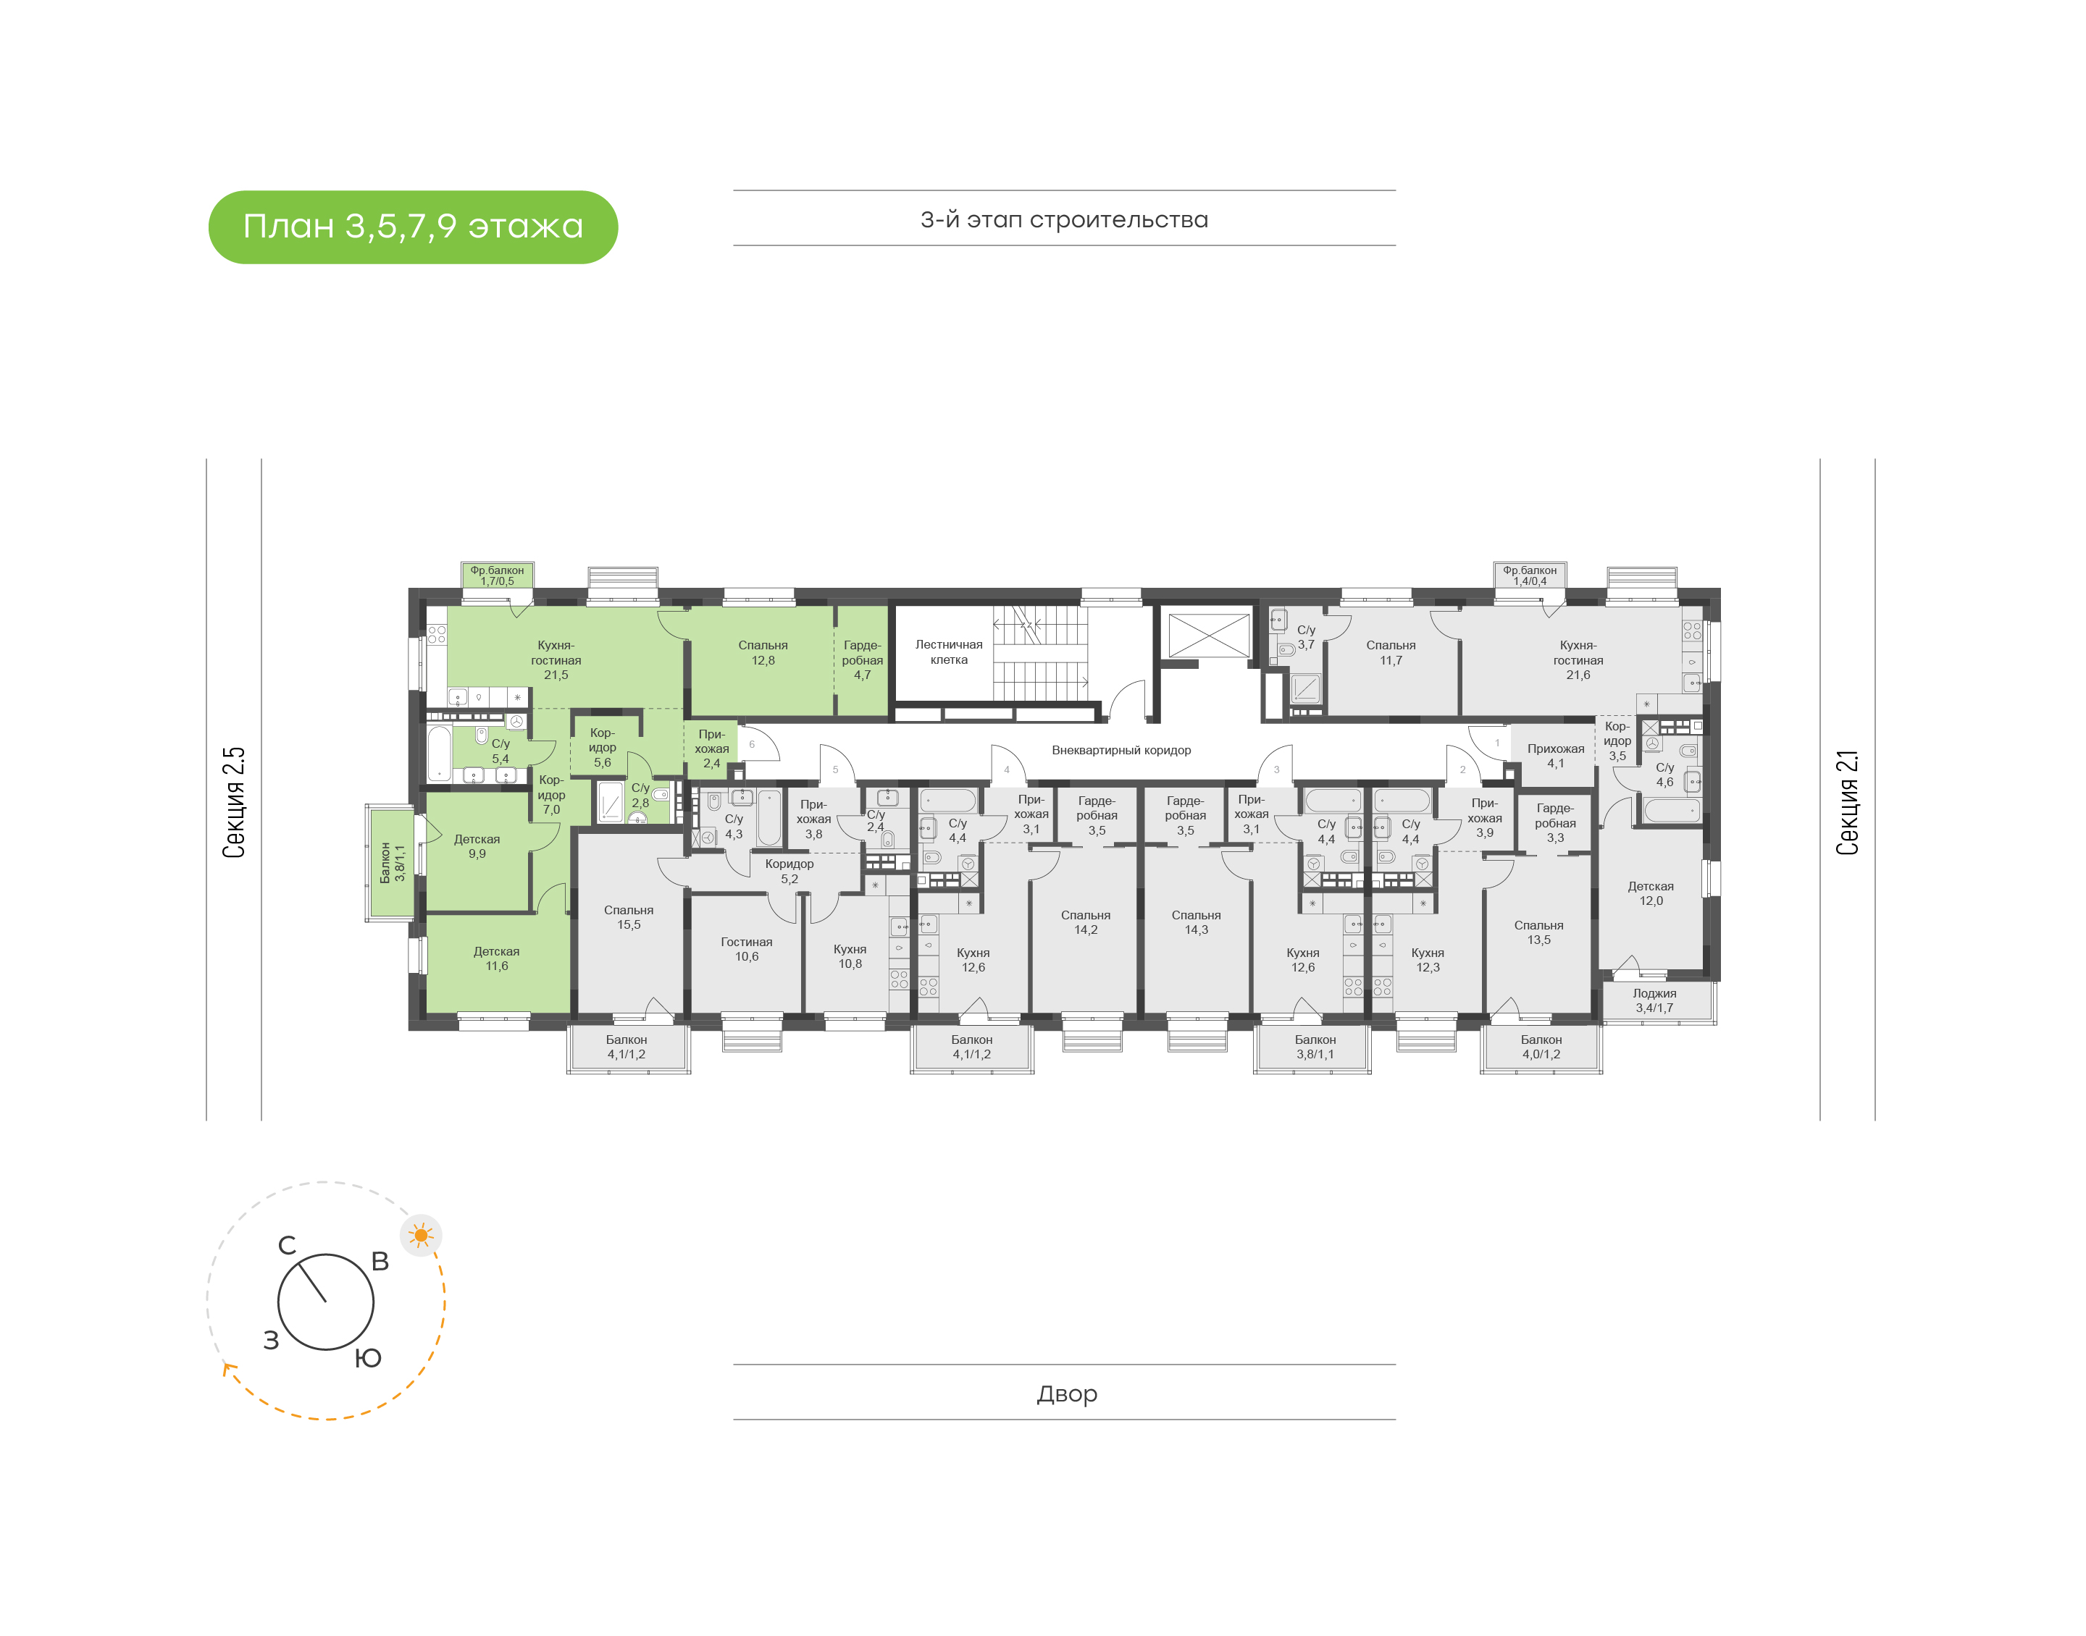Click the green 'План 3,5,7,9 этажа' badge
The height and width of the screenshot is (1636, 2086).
(413, 227)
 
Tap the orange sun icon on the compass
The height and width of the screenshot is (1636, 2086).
(421, 1236)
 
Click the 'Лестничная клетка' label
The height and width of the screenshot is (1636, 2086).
(949, 652)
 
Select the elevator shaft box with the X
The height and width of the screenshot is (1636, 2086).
(1208, 635)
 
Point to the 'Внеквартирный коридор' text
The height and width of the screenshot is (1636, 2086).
(1121, 750)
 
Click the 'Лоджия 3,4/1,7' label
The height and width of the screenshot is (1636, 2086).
(1655, 1000)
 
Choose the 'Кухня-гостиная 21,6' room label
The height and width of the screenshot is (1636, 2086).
(1578, 660)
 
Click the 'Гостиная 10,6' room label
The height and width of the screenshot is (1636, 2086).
(747, 949)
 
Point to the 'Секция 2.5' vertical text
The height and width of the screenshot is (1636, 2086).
(235, 803)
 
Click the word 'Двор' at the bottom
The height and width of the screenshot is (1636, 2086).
(1066, 1393)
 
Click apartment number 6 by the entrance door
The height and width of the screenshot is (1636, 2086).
(751, 744)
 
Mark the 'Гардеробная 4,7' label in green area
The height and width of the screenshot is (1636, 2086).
(863, 660)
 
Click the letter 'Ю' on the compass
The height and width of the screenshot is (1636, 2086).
(368, 1357)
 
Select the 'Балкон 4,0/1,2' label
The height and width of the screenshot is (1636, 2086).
(1541, 1047)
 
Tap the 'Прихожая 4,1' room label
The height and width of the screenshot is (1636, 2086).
(1555, 756)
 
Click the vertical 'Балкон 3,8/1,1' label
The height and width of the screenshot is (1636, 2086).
(393, 862)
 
